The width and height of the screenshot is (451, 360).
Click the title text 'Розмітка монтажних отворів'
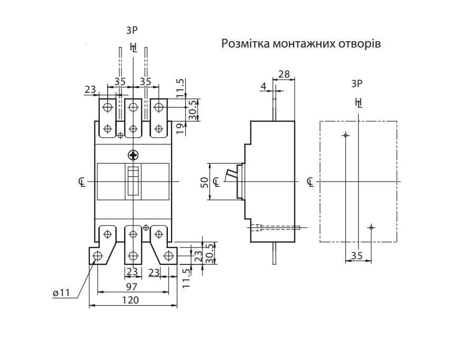300,44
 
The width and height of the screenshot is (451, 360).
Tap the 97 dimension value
131,287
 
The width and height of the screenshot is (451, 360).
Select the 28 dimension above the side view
284,74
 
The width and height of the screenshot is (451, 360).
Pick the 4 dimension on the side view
264,86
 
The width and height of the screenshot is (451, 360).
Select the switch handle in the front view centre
133,181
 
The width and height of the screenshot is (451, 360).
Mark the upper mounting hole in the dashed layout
345,136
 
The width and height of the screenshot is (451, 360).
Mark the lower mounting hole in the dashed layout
371,228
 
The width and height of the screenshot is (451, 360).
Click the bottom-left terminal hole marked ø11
98,257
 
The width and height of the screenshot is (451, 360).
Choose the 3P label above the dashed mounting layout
358,83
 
